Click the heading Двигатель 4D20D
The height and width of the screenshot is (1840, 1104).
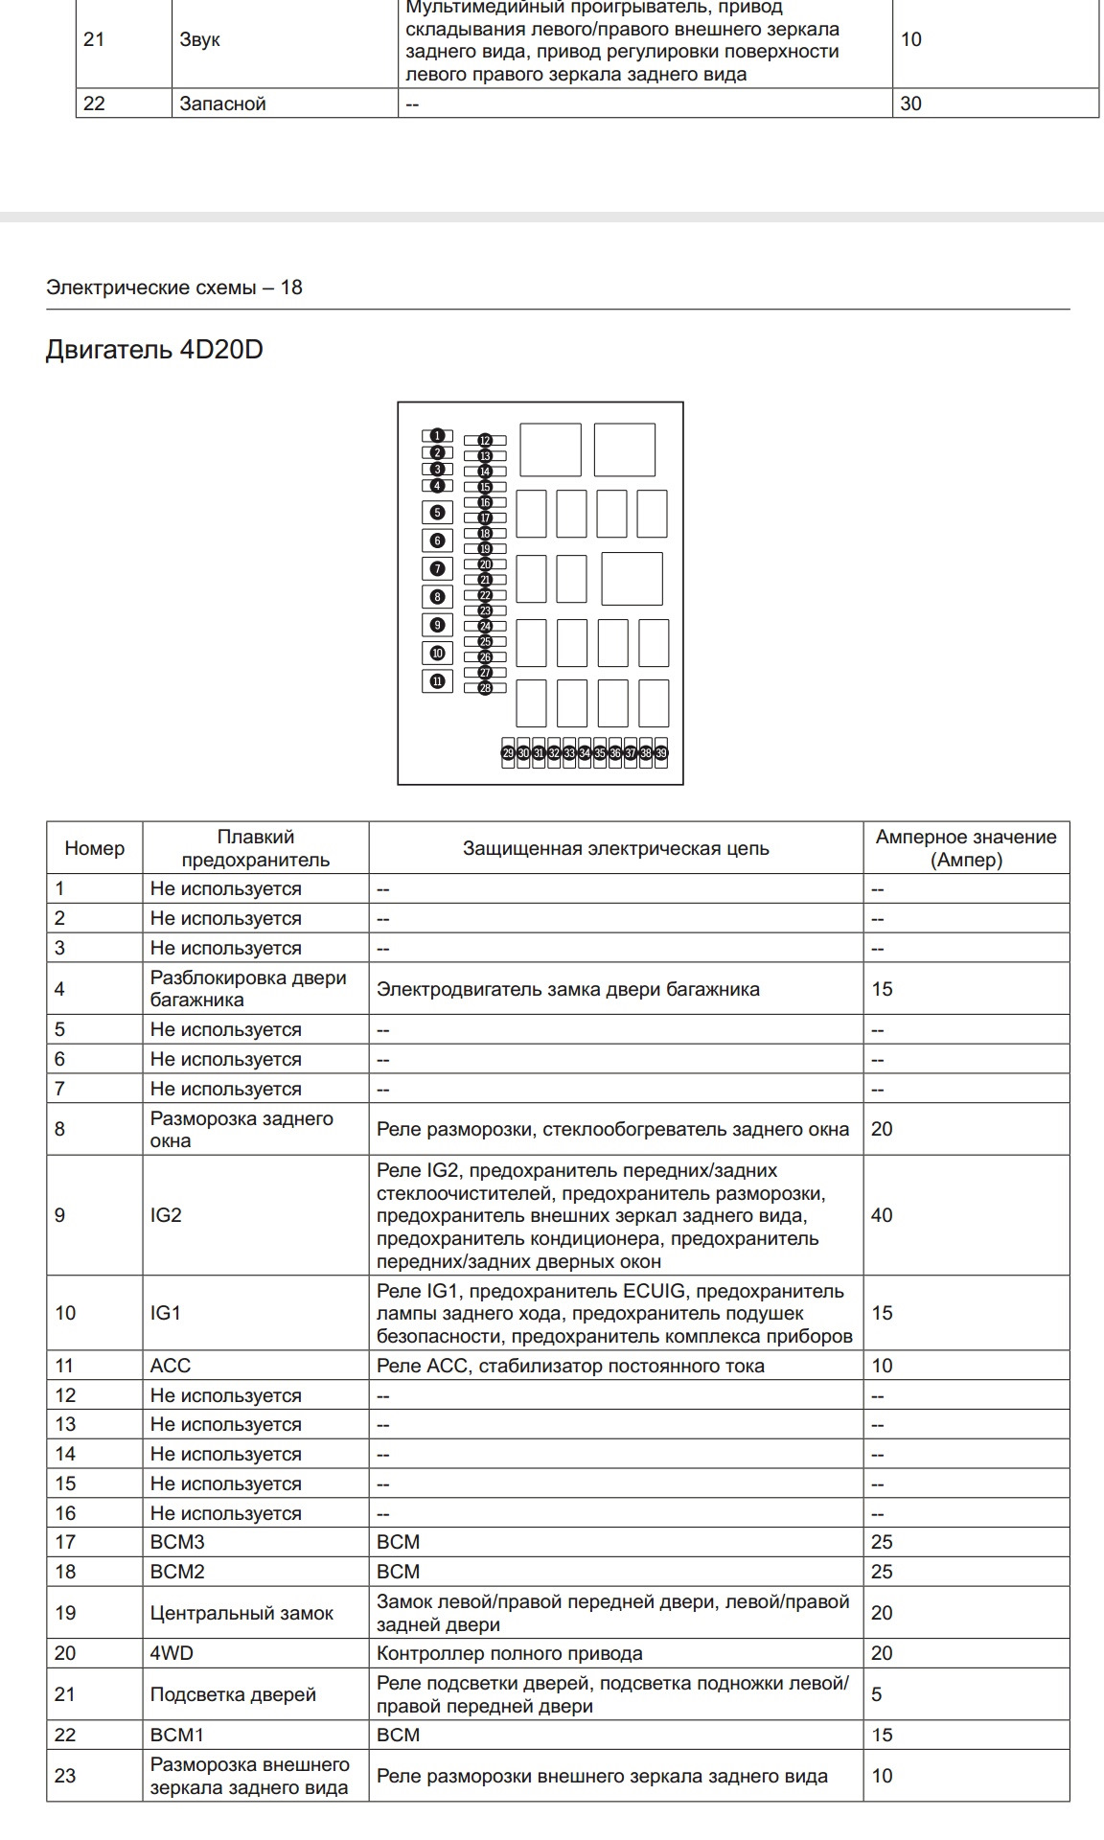tap(154, 350)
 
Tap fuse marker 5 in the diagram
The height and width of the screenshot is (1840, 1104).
tap(437, 513)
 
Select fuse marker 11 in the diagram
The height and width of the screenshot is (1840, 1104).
tap(437, 681)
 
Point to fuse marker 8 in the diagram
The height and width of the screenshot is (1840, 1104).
tap(437, 597)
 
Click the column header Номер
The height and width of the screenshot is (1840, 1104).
tap(95, 848)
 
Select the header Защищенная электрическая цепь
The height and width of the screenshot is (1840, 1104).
tap(615, 848)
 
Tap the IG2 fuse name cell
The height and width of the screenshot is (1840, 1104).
tap(166, 1215)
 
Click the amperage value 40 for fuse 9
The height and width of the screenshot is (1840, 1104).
tap(882, 1215)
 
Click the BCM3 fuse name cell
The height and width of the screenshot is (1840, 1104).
tap(177, 1542)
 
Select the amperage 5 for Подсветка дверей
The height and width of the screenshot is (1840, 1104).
tap(877, 1694)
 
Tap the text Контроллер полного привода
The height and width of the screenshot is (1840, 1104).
tap(510, 1653)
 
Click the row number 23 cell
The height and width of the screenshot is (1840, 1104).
tap(65, 1776)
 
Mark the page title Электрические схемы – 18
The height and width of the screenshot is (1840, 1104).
tap(174, 287)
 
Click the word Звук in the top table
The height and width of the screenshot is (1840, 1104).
tap(199, 40)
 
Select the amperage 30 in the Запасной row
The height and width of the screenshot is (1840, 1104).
tap(910, 103)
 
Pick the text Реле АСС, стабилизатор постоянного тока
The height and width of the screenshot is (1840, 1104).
tap(570, 1366)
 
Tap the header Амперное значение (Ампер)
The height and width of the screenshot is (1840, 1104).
tap(966, 848)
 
